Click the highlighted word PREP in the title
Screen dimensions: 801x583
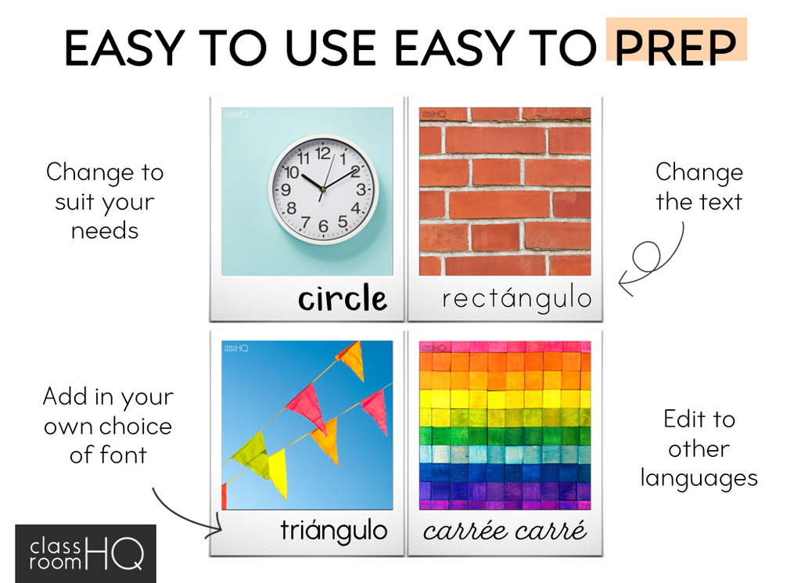pyautogui.click(x=675, y=47)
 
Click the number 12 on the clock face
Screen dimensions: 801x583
pyautogui.click(x=322, y=153)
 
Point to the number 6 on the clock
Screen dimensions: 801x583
pyautogui.click(x=323, y=225)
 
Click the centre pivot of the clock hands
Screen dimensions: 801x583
pyautogui.click(x=322, y=189)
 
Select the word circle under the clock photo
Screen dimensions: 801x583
pyautogui.click(x=343, y=298)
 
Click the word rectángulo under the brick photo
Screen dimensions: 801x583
pyautogui.click(x=516, y=298)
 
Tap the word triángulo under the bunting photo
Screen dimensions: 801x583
pyautogui.click(x=333, y=531)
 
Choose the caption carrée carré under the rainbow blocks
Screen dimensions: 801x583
pyautogui.click(x=505, y=531)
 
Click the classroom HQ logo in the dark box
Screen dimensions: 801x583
pyautogui.click(x=86, y=554)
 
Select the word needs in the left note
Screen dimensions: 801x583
pyautogui.click(x=105, y=231)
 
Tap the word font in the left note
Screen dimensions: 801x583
pyautogui.click(x=123, y=454)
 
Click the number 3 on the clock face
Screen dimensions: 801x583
pyautogui.click(x=361, y=189)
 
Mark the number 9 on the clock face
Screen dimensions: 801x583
pyautogui.click(x=286, y=189)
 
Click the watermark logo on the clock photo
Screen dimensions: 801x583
pyautogui.click(x=235, y=114)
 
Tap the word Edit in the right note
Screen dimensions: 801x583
pyautogui.click(x=681, y=419)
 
